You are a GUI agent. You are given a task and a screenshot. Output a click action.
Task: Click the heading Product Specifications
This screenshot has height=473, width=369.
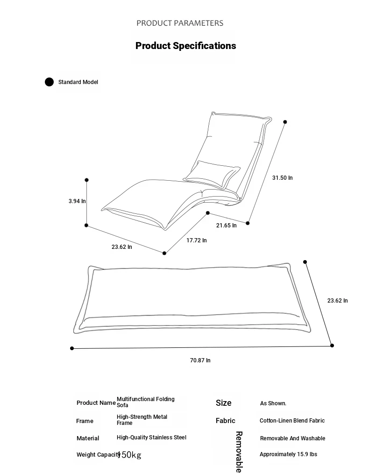click(x=185, y=46)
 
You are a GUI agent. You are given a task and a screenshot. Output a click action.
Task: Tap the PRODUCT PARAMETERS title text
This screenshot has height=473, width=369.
click(x=180, y=23)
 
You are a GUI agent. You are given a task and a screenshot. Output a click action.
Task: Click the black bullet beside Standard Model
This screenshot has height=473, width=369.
click(x=49, y=82)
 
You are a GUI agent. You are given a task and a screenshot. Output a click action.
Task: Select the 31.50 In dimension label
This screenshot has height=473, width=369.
click(x=283, y=178)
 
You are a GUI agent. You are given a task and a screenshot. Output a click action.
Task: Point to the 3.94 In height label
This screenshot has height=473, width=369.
click(x=77, y=201)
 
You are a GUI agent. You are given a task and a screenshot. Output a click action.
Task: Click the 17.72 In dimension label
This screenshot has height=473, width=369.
click(x=197, y=240)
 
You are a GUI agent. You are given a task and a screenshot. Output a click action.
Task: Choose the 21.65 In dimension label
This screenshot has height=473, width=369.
click(x=226, y=226)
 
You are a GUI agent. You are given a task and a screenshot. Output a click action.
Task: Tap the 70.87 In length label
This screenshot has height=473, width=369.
click(x=200, y=360)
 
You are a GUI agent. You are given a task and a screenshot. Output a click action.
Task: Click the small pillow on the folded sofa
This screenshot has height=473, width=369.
click(x=212, y=174)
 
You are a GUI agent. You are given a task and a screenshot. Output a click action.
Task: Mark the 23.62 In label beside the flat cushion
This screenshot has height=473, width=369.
click(x=337, y=300)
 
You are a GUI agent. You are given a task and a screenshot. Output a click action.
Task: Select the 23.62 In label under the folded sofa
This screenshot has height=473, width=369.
click(x=121, y=247)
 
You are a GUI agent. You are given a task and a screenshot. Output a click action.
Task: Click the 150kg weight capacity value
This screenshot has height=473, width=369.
click(x=129, y=455)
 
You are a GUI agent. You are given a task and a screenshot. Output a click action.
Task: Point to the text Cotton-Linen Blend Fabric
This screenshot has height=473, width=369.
click(x=292, y=421)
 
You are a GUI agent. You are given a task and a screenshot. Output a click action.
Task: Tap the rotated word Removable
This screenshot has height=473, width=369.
click(x=239, y=452)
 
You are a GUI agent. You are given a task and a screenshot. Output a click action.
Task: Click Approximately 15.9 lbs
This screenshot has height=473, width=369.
click(x=288, y=454)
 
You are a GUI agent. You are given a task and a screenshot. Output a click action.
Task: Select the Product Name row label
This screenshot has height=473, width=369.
click(x=96, y=402)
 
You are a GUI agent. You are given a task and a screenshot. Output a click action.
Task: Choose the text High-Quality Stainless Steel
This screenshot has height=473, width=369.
click(x=151, y=438)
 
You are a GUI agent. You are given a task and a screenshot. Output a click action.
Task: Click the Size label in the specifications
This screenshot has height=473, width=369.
click(x=224, y=402)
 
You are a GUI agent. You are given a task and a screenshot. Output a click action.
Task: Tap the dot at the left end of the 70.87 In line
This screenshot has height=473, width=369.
click(x=72, y=348)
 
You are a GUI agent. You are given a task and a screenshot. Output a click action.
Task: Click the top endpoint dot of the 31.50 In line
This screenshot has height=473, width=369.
click(x=285, y=122)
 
